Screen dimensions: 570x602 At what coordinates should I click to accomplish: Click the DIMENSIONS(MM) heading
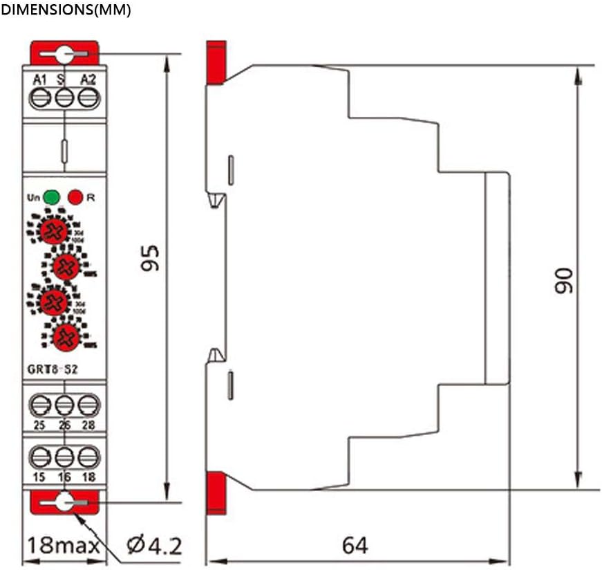[66, 11]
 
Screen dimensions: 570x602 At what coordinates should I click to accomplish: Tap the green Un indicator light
[51, 197]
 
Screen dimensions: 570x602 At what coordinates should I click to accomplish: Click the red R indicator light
[76, 197]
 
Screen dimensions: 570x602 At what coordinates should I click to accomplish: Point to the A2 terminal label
[88, 80]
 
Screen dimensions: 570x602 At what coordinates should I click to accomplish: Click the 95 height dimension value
[150, 257]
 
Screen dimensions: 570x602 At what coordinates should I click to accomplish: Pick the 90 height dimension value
[565, 279]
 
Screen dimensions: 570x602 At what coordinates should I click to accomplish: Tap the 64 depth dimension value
[355, 546]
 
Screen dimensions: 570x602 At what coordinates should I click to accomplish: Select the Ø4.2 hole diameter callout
[154, 546]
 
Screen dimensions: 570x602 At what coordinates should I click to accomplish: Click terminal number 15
[40, 477]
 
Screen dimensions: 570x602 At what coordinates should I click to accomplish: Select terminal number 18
[87, 477]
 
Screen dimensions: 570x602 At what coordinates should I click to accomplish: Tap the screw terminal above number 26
[64, 403]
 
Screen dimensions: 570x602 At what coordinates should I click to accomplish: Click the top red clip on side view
[216, 62]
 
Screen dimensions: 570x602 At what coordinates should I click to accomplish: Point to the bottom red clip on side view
[216, 493]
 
